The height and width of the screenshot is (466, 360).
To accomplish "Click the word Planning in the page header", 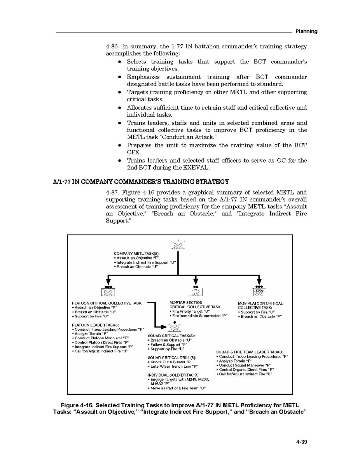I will [306, 31].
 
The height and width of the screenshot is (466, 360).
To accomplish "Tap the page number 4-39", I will [302, 441].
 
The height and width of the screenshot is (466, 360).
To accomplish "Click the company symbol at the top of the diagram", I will [178, 245].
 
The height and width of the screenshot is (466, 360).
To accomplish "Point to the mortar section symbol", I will [196, 292].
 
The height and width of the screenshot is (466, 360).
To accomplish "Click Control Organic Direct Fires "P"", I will [246, 370].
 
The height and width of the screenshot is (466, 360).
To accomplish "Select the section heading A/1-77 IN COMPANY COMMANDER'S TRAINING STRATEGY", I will [141, 182].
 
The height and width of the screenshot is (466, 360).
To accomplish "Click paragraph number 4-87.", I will [113, 192].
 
